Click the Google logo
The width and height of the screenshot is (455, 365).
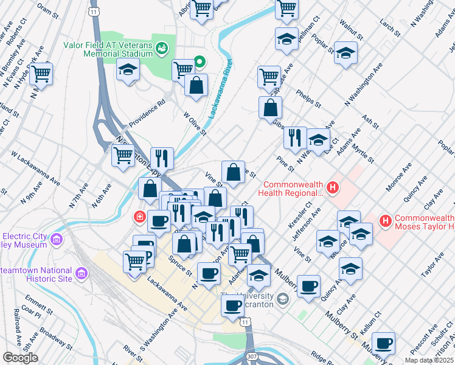(20, 357)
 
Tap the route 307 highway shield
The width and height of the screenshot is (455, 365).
(251, 355)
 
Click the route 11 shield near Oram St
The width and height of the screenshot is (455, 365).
(93, 12)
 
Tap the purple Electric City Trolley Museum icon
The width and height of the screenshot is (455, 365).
(58, 240)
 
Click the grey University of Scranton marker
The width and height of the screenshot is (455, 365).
(282, 299)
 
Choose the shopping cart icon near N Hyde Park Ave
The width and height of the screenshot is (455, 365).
(41, 74)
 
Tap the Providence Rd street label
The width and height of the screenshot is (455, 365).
(145, 113)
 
